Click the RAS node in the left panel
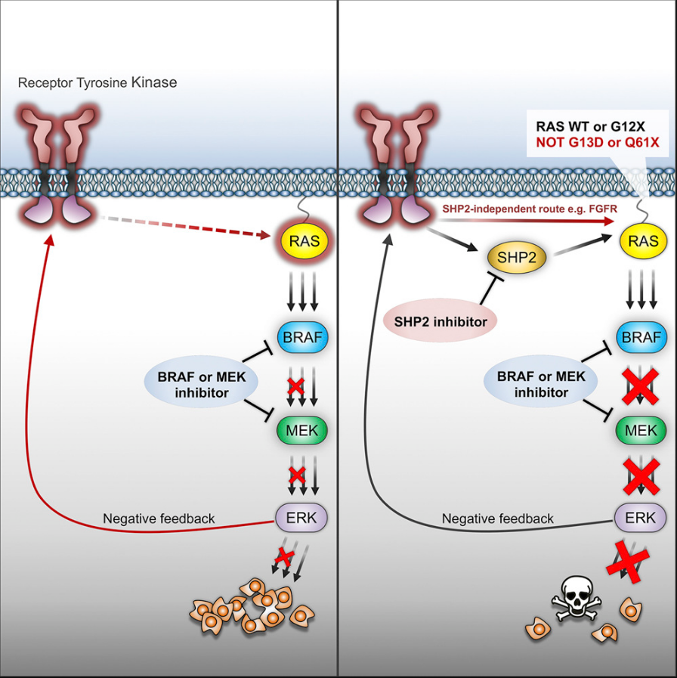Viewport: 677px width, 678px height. pyautogui.click(x=301, y=241)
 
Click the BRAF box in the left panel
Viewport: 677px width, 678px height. pyautogui.click(x=301, y=337)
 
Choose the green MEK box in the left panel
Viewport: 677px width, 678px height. pyautogui.click(x=301, y=431)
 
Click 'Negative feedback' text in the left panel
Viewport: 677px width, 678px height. pyautogui.click(x=159, y=519)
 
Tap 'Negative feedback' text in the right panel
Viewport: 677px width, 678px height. pyautogui.click(x=498, y=519)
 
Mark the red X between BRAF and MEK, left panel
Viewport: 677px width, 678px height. pyautogui.click(x=295, y=385)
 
